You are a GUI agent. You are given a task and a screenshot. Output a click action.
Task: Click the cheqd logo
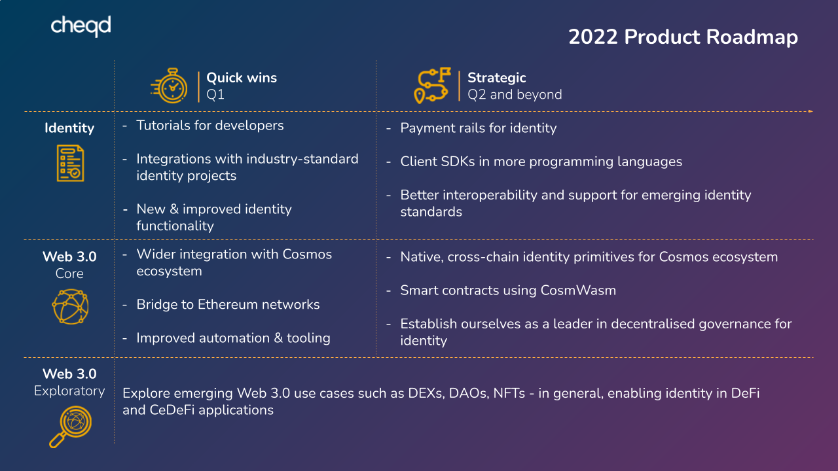81,26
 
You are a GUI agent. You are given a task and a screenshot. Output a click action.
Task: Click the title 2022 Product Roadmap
683,37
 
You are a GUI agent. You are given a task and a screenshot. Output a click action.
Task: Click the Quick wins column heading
242,78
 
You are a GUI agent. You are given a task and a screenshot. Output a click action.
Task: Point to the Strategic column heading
496,78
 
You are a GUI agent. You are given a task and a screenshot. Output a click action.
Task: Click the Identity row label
69,128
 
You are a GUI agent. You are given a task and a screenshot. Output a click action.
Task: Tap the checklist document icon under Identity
69,164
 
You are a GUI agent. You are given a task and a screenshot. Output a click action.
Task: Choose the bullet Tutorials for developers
209,126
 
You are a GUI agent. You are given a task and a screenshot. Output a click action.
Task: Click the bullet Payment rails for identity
478,128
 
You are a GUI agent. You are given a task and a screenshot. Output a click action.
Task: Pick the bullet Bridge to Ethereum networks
228,305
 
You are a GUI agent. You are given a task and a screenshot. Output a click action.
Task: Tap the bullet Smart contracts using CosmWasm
508,290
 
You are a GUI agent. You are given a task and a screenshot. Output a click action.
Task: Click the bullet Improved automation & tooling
233,338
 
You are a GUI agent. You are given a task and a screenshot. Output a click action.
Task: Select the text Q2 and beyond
515,95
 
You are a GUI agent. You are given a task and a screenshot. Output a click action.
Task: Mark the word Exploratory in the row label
69,391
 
